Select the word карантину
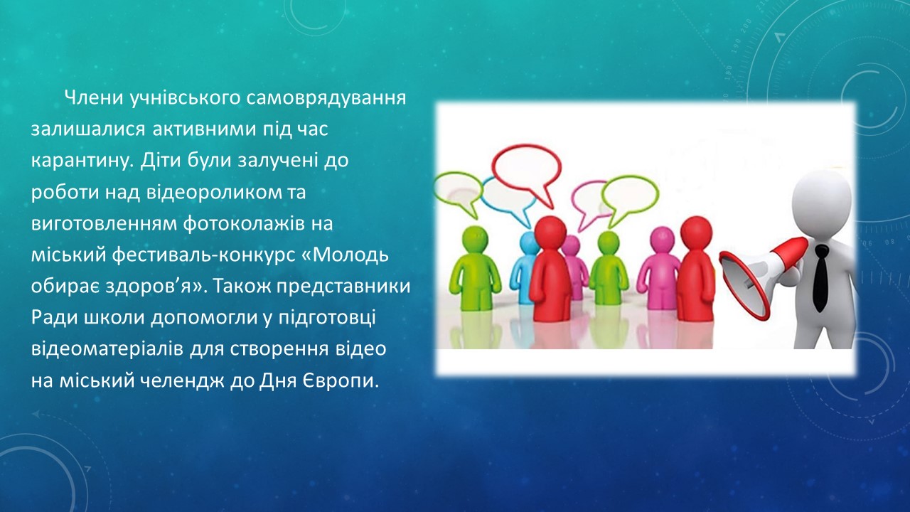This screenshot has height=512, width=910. [x=82, y=161]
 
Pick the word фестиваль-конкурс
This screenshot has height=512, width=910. [x=204, y=255]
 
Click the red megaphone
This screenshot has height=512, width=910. [x=763, y=278]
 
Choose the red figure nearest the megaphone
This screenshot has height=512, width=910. [x=695, y=268]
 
